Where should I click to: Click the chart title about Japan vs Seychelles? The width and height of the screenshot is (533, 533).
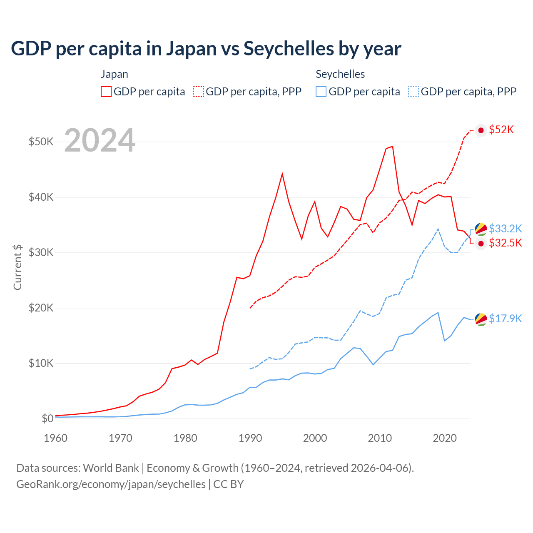click(206, 48)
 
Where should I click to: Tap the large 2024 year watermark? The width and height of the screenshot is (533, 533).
click(100, 141)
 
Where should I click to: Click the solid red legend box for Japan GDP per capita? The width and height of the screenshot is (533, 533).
click(106, 92)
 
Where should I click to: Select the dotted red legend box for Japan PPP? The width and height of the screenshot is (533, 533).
click(198, 92)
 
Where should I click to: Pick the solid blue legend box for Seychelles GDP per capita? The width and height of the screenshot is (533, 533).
click(321, 92)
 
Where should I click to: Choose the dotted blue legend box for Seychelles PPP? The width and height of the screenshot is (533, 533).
click(413, 92)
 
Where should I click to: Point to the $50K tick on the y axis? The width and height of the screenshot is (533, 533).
click(41, 142)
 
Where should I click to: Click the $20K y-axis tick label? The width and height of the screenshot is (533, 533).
click(41, 308)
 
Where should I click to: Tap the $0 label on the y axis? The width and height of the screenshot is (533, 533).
click(47, 418)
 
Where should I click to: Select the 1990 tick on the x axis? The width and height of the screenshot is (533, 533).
click(250, 438)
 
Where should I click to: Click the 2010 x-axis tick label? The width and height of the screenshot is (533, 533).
click(380, 438)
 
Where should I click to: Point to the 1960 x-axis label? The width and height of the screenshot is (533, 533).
click(55, 438)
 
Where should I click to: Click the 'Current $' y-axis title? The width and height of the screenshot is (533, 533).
click(17, 267)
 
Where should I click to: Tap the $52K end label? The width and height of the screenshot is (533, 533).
click(501, 130)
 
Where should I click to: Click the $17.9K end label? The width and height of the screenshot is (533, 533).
click(505, 319)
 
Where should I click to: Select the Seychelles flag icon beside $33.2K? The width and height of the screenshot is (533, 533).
click(481, 229)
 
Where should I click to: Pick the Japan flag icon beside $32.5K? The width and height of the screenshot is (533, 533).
click(481, 243)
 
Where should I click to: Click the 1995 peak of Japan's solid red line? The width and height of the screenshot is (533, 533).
click(282, 173)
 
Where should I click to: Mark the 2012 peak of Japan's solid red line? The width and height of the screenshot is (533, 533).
click(392, 146)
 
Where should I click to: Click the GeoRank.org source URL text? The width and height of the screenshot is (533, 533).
click(111, 484)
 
